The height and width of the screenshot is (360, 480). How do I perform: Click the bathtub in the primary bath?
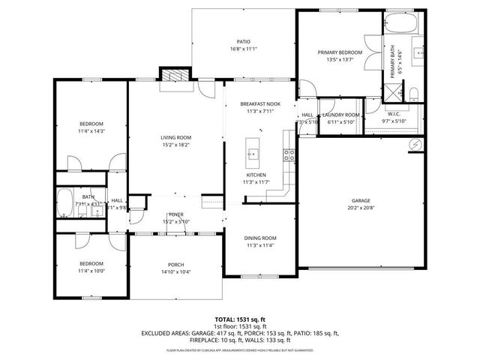pos(398,23)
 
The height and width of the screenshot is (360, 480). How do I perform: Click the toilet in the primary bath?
pos(414,93)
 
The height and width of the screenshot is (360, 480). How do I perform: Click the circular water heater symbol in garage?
pos(412,144)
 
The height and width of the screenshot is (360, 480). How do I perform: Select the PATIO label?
pos(243,42)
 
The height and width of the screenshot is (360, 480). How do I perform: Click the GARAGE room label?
pos(361,201)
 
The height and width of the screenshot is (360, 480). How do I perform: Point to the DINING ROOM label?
pos(260,238)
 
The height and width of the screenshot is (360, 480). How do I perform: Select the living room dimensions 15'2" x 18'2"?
pos(176,145)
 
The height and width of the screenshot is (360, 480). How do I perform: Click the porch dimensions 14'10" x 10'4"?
pos(175,271)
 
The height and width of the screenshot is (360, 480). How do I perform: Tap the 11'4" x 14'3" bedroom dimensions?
pos(91,131)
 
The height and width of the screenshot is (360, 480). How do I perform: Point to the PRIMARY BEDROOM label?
pos(340,52)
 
